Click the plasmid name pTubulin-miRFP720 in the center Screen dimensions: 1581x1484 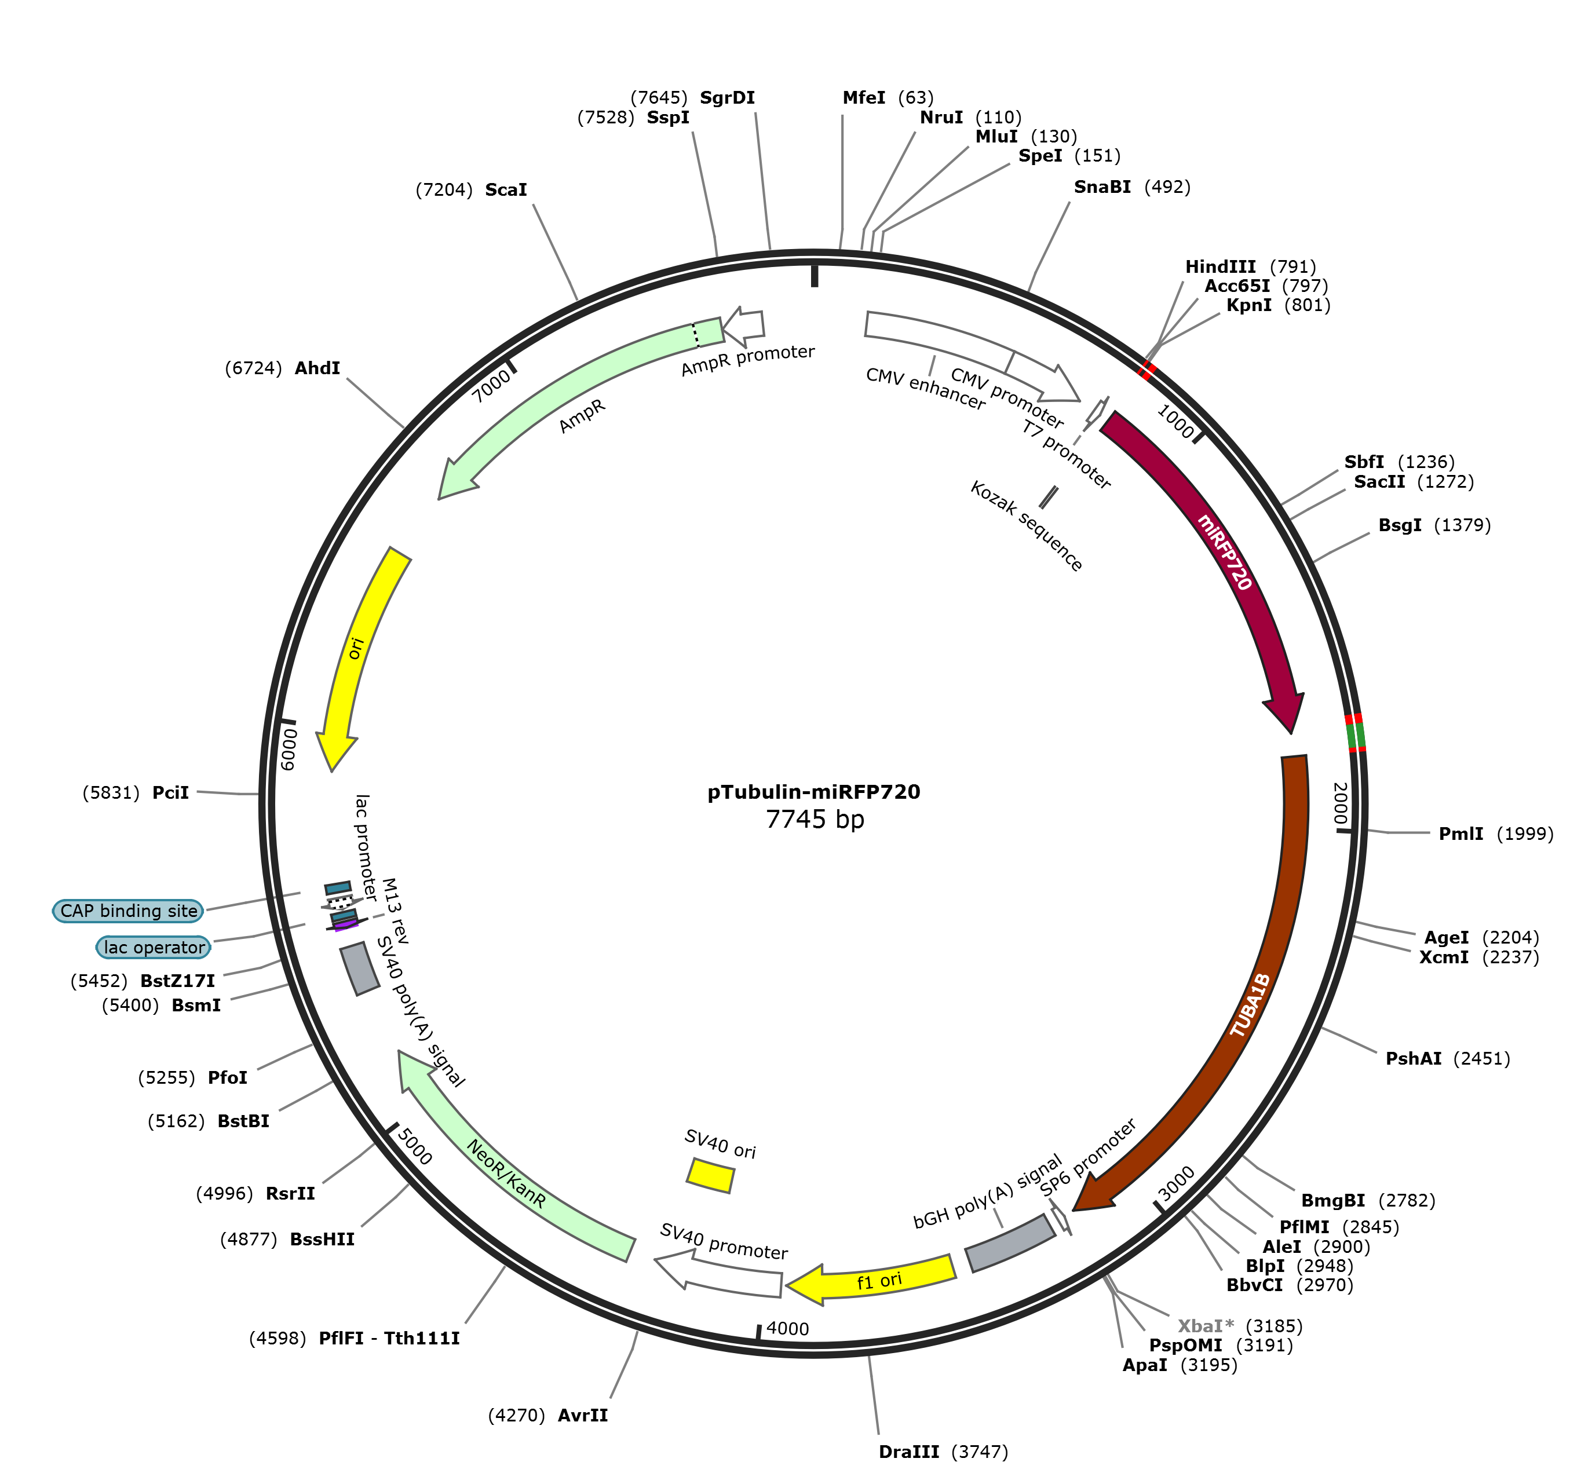(x=813, y=792)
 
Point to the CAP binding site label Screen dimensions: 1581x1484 (x=129, y=911)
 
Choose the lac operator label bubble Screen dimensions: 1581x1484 (x=154, y=947)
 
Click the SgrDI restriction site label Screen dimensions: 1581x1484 (x=727, y=98)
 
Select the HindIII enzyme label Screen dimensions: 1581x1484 (x=1221, y=266)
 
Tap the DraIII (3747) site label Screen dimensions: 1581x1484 (x=943, y=1452)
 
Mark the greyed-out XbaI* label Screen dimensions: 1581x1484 (x=1206, y=1326)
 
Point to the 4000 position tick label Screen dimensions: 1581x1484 (x=787, y=1328)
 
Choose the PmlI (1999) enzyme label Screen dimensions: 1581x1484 (x=1496, y=834)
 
